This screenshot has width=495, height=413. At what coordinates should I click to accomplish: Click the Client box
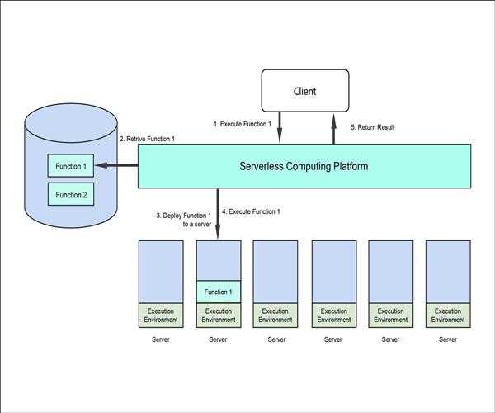(x=306, y=91)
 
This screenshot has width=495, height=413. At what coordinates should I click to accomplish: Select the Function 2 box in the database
(x=69, y=195)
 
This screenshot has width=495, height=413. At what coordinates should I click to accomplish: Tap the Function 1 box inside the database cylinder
(x=69, y=167)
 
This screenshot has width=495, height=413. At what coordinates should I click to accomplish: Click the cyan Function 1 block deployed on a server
(x=218, y=292)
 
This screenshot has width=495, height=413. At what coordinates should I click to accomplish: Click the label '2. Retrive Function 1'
(x=148, y=139)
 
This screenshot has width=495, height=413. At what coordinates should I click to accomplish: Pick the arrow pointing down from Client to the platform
(x=280, y=128)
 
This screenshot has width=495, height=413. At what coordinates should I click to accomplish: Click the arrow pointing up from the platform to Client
(x=333, y=128)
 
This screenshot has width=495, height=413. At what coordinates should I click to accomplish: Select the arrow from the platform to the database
(x=116, y=166)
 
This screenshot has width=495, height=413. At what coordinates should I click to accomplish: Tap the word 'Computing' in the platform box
(x=310, y=166)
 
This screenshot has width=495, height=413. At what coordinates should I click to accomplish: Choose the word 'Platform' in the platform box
(x=351, y=166)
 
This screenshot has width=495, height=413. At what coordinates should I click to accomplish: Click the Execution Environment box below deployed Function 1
(x=218, y=316)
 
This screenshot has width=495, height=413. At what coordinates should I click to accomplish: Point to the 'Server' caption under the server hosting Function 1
(x=218, y=339)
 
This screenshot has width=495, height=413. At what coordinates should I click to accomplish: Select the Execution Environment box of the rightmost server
(x=448, y=316)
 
